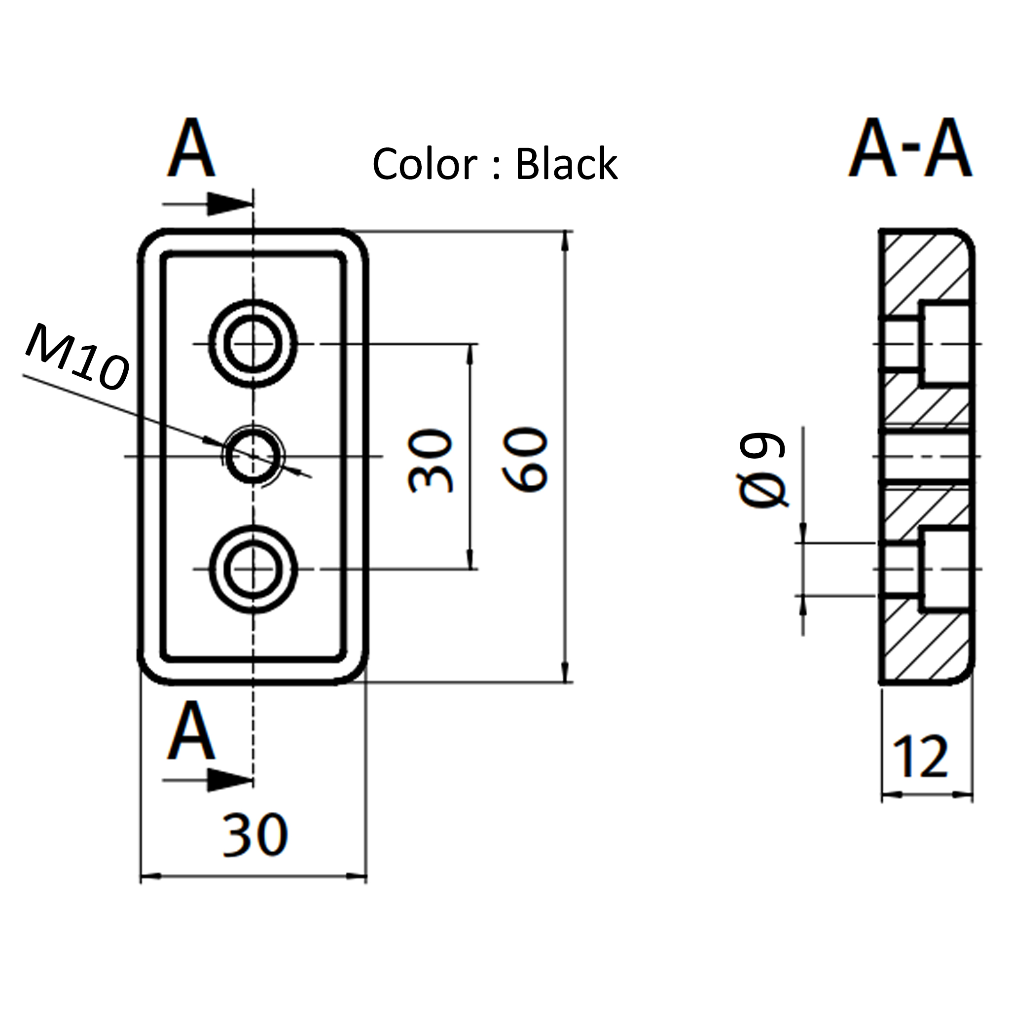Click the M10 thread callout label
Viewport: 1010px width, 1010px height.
click(x=77, y=357)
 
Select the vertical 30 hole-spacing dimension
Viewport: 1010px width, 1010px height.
click(x=430, y=460)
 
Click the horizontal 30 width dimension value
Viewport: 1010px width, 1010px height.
click(x=254, y=835)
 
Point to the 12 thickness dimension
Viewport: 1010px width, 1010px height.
click(x=920, y=757)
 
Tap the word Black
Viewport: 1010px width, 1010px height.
click(x=566, y=164)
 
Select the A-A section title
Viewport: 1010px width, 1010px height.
click(x=909, y=148)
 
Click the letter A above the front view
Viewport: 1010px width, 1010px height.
click(x=191, y=148)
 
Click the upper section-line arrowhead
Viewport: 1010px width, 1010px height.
click(x=230, y=204)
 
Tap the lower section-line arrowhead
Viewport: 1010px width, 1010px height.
click(x=230, y=781)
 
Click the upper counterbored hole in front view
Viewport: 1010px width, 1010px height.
click(x=253, y=343)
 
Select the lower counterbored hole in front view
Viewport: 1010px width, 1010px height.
click(x=253, y=569)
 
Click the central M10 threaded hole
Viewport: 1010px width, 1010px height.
click(x=253, y=456)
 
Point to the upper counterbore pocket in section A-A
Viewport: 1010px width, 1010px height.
click(x=945, y=343)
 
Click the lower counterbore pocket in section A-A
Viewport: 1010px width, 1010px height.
click(x=945, y=570)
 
